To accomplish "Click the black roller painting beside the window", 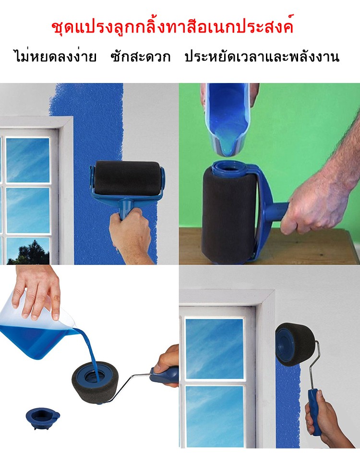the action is pos(127,178).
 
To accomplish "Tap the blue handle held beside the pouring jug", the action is pos(165,374).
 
